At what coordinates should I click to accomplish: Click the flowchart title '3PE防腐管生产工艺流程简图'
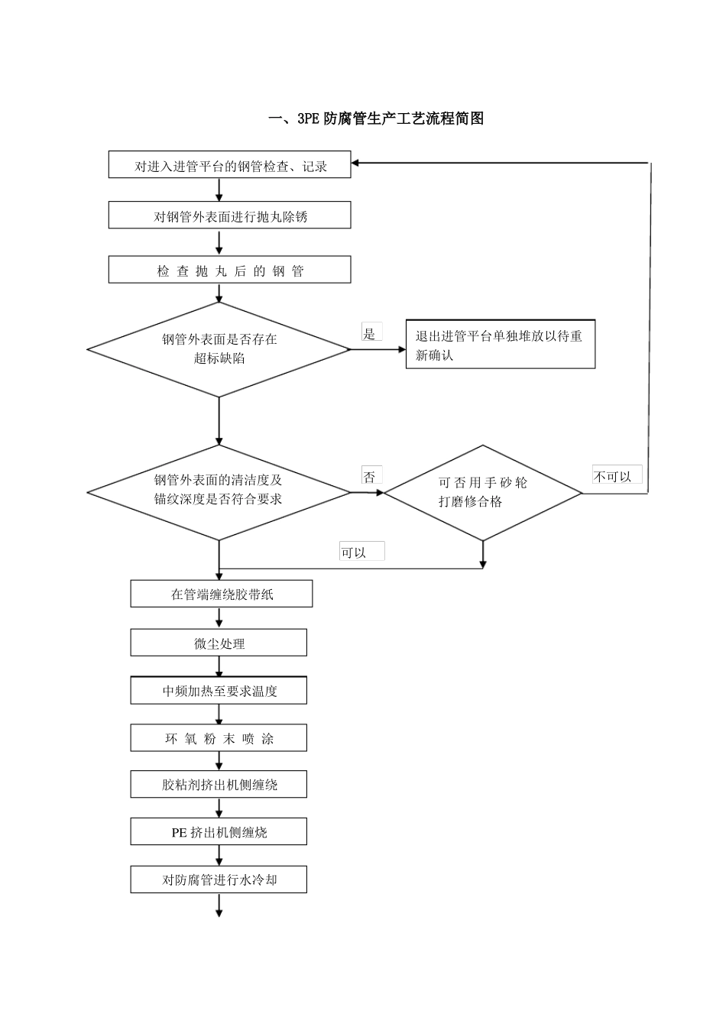376,118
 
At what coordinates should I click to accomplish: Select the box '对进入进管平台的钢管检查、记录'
229,165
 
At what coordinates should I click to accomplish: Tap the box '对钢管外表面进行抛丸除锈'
229,215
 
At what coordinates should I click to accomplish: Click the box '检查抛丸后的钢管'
229,270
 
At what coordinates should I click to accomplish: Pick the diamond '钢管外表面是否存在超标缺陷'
219,349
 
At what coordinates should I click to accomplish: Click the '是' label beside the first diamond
371,332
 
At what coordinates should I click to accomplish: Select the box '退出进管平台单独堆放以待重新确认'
500,345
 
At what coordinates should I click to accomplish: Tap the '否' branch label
371,475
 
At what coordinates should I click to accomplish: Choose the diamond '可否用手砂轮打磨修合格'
482,493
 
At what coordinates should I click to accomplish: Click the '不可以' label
615,475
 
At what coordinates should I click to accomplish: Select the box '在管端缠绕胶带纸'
221,594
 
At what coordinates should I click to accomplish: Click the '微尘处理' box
219,643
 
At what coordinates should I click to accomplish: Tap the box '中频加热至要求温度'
219,690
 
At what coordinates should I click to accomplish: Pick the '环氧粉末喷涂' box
219,738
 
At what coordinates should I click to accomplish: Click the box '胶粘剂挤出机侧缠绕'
219,785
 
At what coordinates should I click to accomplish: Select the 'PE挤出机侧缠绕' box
219,832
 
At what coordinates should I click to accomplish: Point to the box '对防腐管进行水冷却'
219,880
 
